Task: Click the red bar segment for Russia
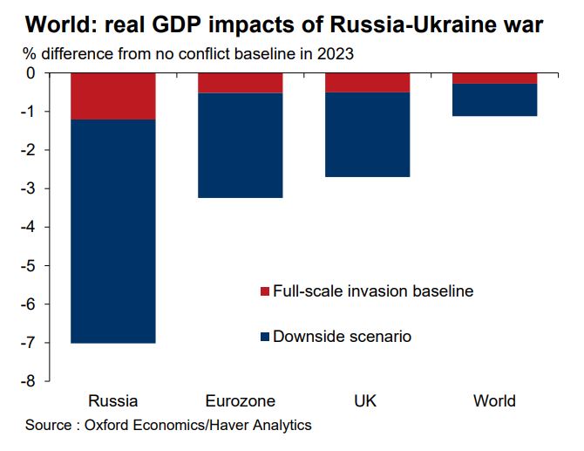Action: tap(112, 96)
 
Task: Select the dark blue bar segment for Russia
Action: tap(112, 231)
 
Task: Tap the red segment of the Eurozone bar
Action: tap(240, 83)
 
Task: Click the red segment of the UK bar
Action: tap(367, 83)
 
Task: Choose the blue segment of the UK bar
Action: tap(367, 135)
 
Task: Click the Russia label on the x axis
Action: tap(112, 401)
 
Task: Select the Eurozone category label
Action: tap(241, 401)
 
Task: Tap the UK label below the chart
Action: tap(367, 401)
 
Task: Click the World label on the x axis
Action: tap(494, 401)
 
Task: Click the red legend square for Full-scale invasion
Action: tap(265, 291)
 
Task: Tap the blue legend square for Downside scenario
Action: tap(265, 336)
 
